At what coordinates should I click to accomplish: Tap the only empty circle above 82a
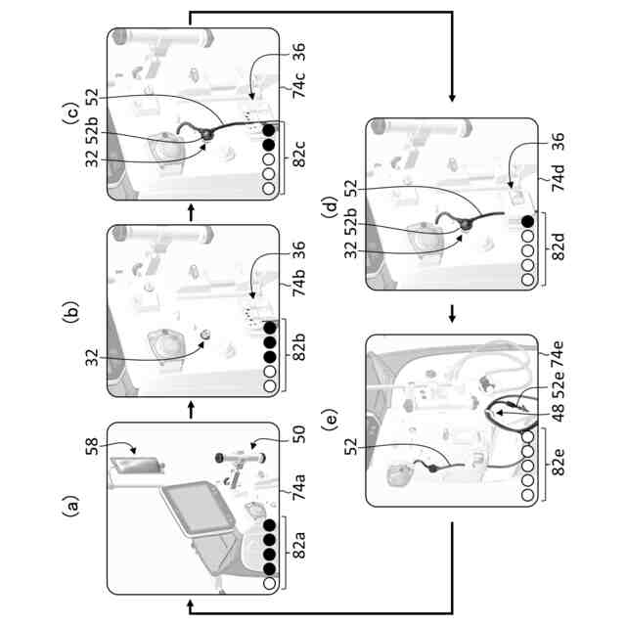(x=269, y=583)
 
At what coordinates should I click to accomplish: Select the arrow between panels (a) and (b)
(x=191, y=413)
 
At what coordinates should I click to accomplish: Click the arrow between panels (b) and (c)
(x=191, y=212)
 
